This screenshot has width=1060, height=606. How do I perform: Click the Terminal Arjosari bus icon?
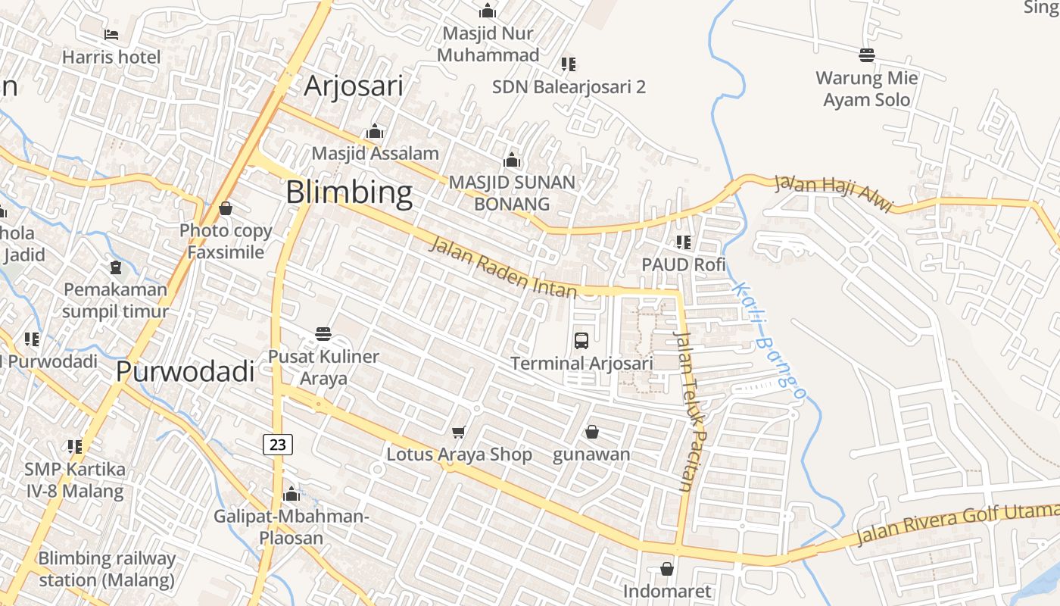tap(581, 341)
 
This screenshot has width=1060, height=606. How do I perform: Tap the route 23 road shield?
tap(278, 445)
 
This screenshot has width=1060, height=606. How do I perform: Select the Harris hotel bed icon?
tap(111, 35)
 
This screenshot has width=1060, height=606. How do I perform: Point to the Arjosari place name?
tap(353, 86)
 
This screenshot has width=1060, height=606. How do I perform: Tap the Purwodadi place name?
tap(185, 372)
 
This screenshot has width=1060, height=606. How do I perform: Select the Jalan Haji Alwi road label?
tap(834, 193)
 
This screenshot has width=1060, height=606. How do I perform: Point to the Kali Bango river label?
tap(768, 340)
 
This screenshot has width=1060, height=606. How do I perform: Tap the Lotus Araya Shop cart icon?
tap(458, 432)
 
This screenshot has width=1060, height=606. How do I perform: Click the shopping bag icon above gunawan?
tap(591, 432)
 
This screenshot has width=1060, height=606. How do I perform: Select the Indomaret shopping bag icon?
tap(667, 568)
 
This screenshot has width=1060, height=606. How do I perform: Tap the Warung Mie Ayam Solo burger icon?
tap(867, 55)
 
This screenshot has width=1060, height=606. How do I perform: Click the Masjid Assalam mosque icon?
tap(375, 132)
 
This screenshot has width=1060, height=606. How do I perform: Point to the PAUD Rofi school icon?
tap(684, 242)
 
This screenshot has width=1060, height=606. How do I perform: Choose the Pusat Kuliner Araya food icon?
tap(323, 334)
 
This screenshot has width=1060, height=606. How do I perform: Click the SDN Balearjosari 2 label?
tap(569, 87)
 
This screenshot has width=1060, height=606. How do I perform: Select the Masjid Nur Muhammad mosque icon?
tap(488, 11)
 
